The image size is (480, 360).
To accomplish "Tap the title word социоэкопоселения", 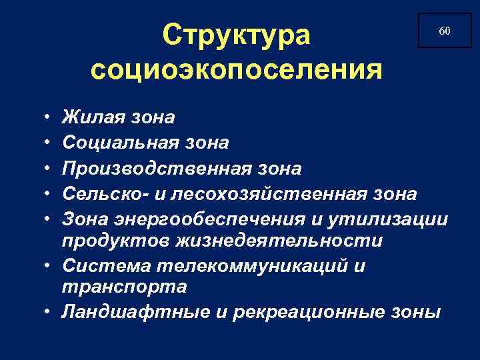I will pyautogui.click(x=237, y=69).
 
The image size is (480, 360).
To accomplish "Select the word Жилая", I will pyautogui.click(x=91, y=118).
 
